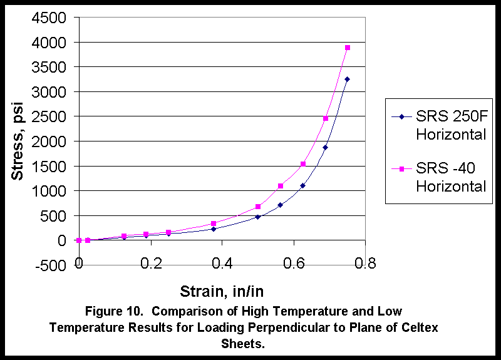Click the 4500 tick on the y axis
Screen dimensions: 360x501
click(x=48, y=18)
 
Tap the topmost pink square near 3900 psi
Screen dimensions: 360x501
click(x=348, y=48)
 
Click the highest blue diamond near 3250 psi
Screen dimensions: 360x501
click(x=348, y=80)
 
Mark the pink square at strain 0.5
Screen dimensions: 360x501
click(x=257, y=207)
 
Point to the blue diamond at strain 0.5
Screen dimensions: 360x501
click(x=257, y=217)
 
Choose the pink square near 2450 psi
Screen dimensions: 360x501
click(x=326, y=118)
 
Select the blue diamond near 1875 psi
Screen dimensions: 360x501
click(x=326, y=148)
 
